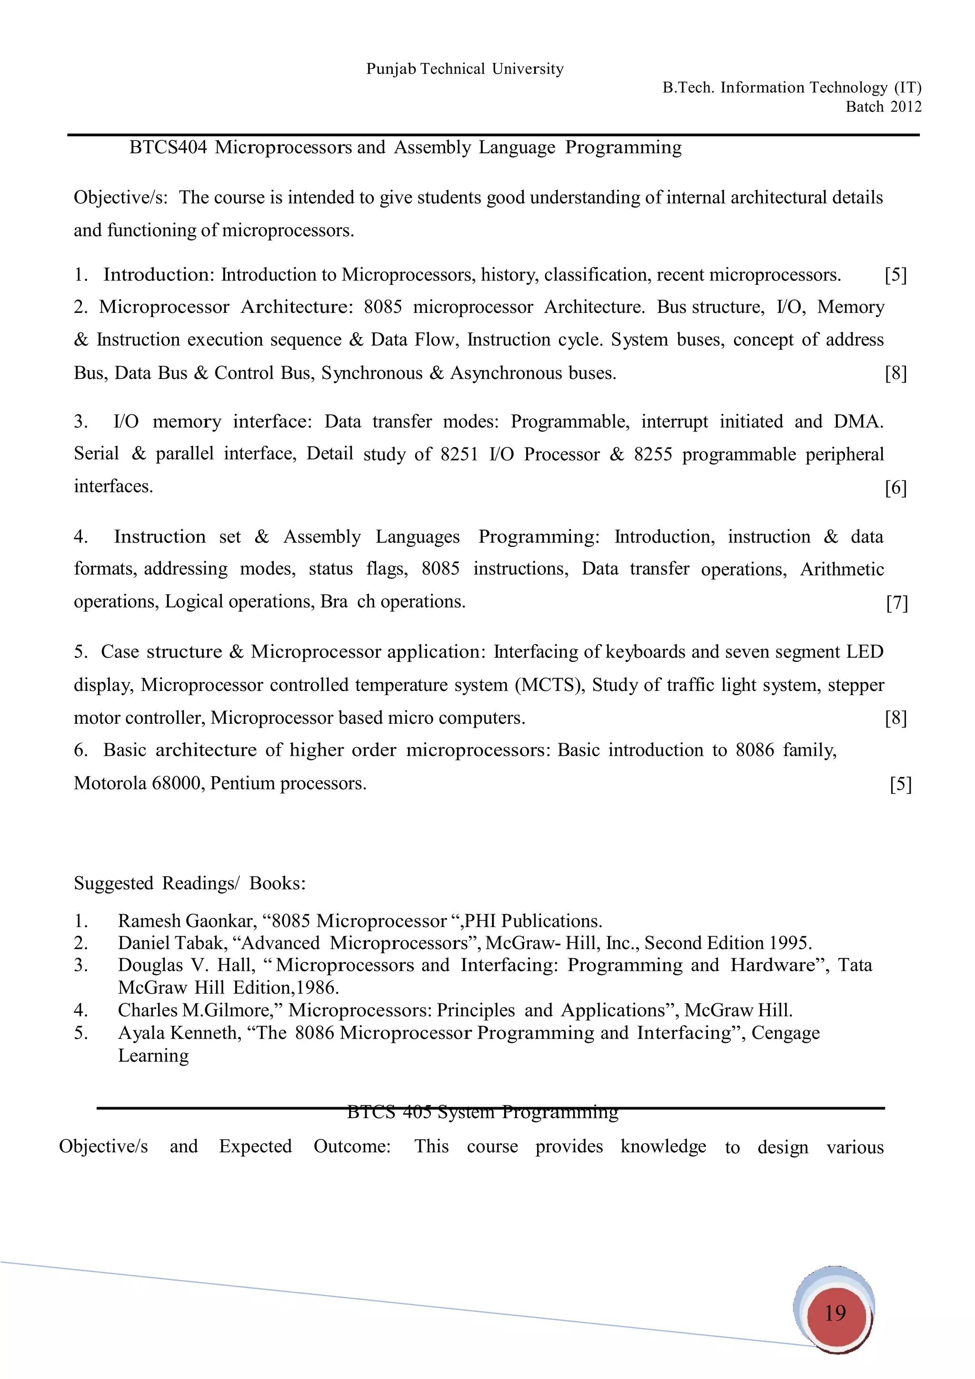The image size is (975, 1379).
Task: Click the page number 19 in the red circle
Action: tap(835, 1313)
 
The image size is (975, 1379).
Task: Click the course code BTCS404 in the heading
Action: tap(168, 147)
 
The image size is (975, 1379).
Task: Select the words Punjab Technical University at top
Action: tap(465, 69)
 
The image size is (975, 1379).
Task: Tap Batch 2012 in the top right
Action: tap(883, 107)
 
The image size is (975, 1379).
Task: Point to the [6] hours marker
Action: tap(895, 488)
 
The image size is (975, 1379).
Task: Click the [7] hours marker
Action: tap(896, 603)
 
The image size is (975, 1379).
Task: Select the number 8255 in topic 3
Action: tap(653, 454)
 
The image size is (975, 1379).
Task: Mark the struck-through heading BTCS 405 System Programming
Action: tap(483, 1112)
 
